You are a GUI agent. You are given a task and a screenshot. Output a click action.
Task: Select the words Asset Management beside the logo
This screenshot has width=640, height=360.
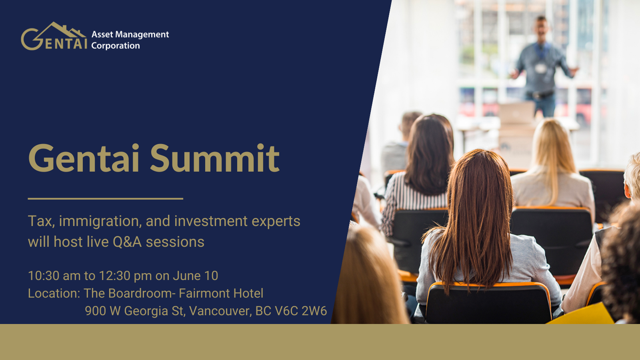(130, 34)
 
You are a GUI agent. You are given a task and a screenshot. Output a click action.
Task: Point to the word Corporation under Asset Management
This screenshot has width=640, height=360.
(116, 46)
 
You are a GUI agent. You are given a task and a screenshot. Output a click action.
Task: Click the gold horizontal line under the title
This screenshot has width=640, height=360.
(106, 198)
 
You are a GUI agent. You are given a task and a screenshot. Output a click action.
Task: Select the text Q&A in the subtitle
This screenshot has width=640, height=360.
(127, 242)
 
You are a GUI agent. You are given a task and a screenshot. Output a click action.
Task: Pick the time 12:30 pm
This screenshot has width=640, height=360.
(126, 276)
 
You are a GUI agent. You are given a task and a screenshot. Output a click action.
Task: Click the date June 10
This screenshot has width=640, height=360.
(196, 276)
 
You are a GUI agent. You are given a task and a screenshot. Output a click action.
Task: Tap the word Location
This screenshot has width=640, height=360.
(54, 294)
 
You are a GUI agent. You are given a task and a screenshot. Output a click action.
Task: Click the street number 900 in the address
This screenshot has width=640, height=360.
(95, 311)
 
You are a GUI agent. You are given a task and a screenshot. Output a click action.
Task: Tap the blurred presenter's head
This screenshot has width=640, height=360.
(541, 28)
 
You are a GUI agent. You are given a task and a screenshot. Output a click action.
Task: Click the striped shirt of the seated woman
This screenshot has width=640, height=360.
(412, 197)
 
